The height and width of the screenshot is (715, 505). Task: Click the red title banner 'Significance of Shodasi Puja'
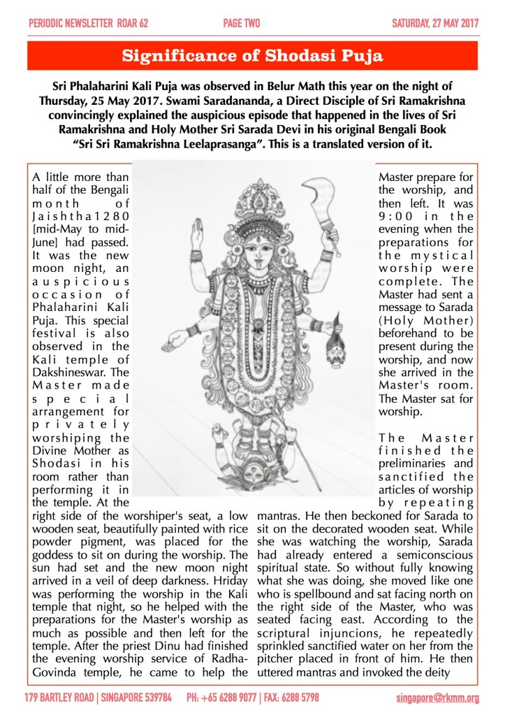pos(252,57)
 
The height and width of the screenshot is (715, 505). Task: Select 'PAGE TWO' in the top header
pos(242,24)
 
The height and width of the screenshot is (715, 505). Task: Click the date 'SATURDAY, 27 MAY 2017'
pos(434,24)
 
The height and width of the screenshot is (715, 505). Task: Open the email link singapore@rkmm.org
pos(437,698)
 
